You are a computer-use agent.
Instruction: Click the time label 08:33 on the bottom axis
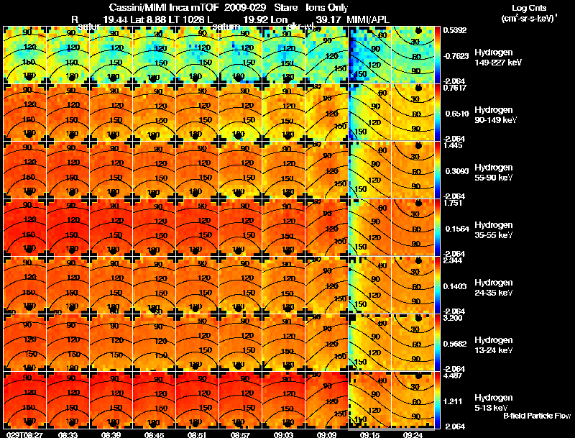click(x=68, y=434)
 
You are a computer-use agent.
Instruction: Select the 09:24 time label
click(x=412, y=434)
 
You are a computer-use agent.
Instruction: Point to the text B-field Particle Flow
click(x=537, y=416)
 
